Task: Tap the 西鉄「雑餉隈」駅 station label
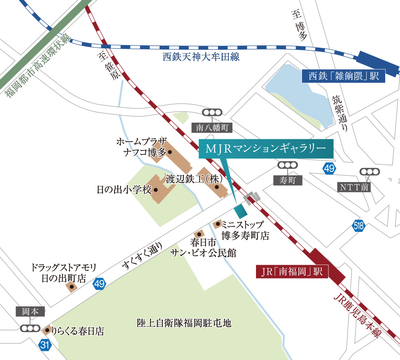344,76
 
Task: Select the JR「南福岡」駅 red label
292,272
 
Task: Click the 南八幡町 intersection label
212,128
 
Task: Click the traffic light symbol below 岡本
30,328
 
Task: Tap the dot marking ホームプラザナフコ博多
170,152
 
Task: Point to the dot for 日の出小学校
156,190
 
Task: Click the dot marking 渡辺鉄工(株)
216,186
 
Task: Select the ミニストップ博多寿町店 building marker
218,224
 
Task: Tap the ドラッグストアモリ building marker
72,286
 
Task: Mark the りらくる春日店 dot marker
48,330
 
